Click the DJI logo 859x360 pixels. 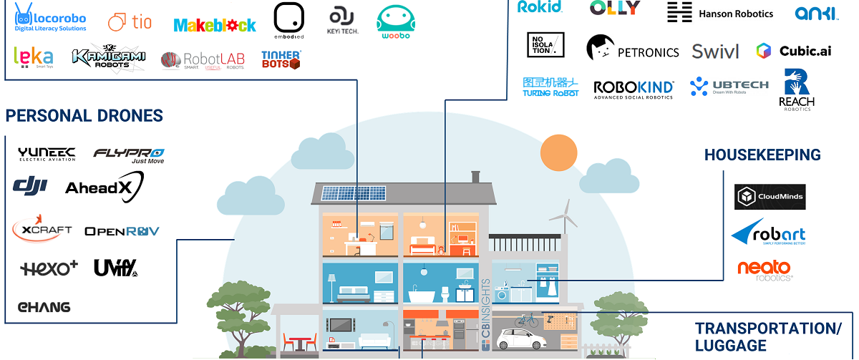(29, 186)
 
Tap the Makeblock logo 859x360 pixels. (215, 25)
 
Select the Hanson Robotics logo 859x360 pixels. (720, 12)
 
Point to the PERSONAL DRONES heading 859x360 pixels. (84, 116)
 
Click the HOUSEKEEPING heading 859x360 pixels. (762, 155)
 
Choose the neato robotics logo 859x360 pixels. (765, 270)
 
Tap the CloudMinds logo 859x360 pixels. (770, 197)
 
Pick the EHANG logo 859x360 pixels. (44, 307)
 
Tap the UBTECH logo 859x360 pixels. (729, 87)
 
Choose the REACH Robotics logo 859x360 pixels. (797, 89)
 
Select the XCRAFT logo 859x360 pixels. (42, 229)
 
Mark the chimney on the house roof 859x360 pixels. (475, 176)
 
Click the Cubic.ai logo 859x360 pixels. (784, 51)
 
